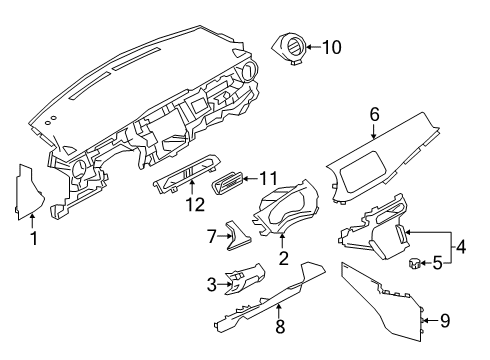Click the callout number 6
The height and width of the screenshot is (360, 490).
click(x=374, y=116)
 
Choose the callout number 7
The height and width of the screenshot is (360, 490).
click(x=211, y=236)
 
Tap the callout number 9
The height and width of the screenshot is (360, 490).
click(x=447, y=320)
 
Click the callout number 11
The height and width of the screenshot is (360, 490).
click(x=266, y=178)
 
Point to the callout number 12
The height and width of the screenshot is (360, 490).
click(x=194, y=204)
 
